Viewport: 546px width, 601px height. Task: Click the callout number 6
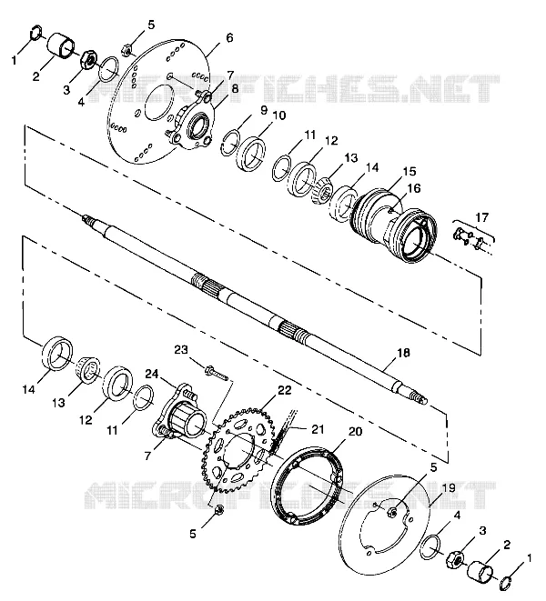click(x=229, y=38)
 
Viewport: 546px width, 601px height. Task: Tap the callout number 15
click(x=409, y=171)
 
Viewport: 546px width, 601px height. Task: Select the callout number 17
click(x=482, y=217)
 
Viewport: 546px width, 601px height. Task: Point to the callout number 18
click(x=403, y=352)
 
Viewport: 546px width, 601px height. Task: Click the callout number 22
click(x=284, y=391)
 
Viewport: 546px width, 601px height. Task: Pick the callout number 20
click(x=355, y=432)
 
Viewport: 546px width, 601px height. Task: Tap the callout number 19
click(x=449, y=488)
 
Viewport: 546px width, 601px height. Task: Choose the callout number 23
click(x=181, y=350)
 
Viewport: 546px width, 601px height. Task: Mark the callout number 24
click(x=152, y=374)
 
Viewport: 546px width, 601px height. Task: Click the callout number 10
click(x=279, y=115)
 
